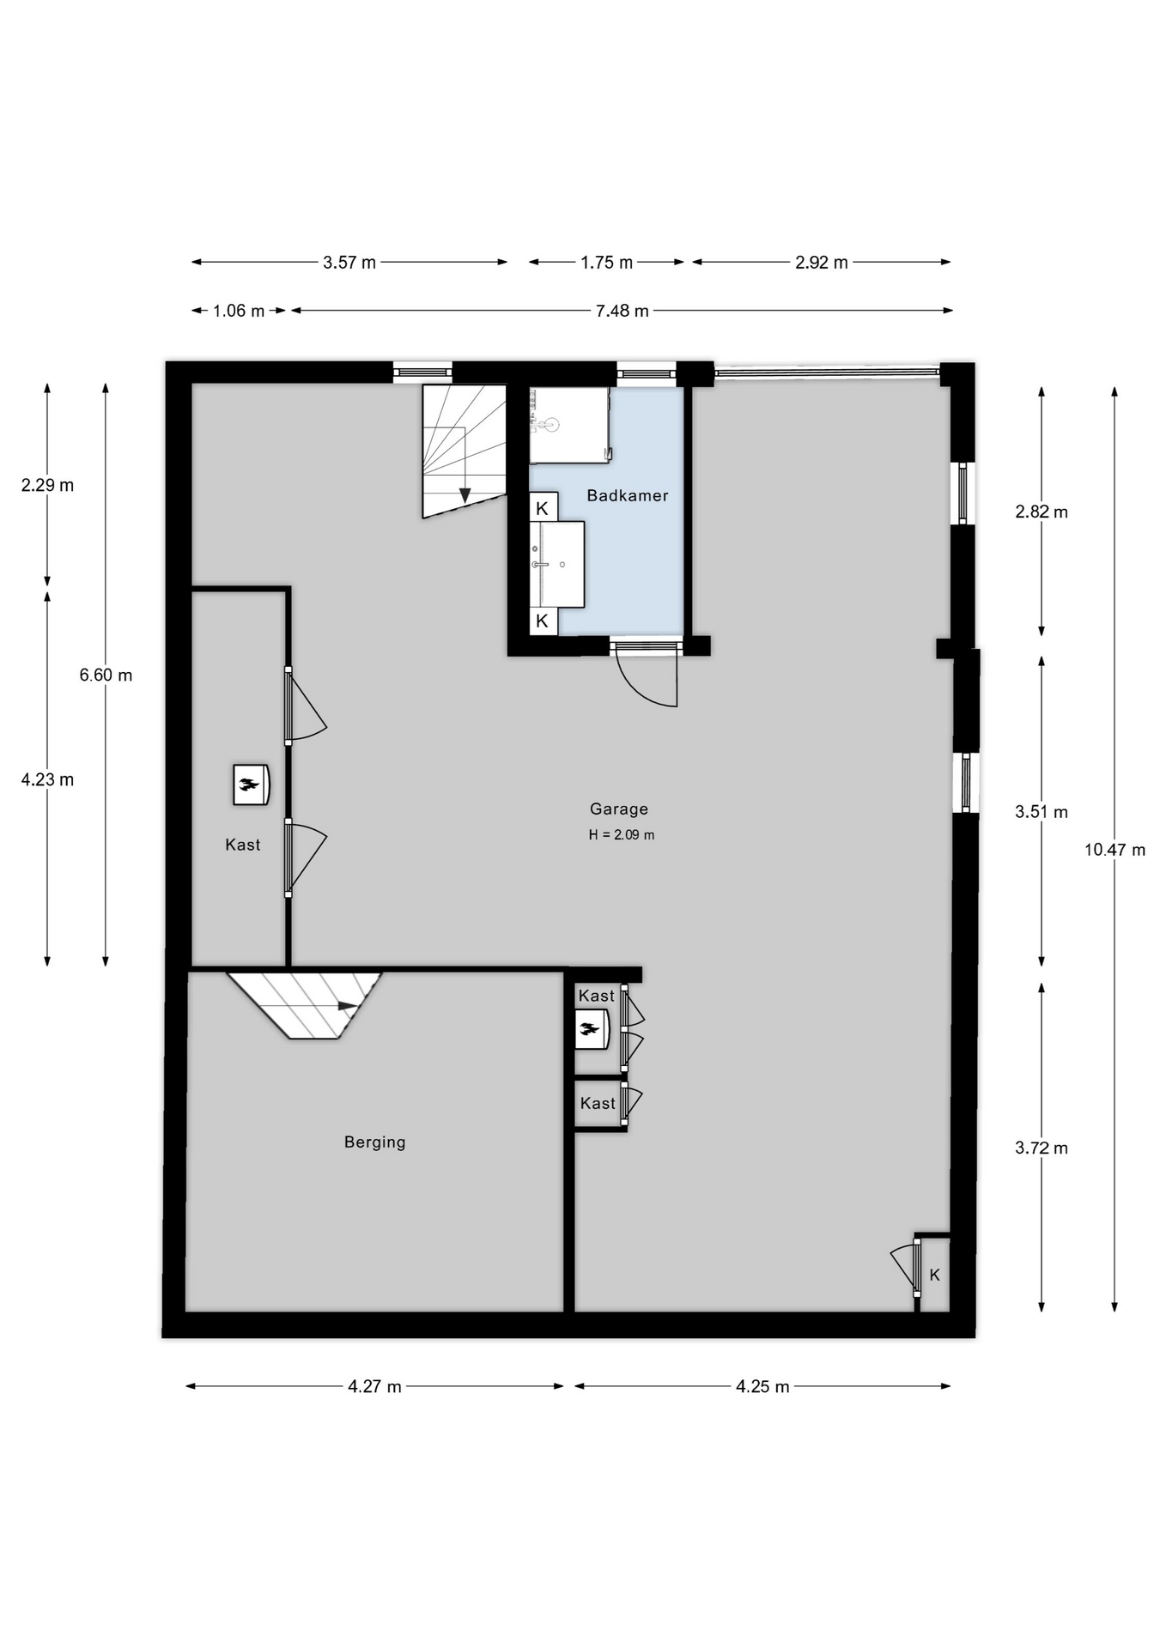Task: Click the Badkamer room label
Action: [627, 495]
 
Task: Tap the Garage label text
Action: [618, 809]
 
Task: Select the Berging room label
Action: [374, 1142]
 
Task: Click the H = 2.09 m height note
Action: [621, 834]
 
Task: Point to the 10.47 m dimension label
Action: [1114, 850]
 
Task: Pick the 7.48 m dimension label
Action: [622, 311]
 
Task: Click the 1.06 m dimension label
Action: [239, 311]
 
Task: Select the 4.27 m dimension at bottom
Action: [374, 1386]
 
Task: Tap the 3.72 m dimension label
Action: [1042, 1148]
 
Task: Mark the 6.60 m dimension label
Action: [106, 675]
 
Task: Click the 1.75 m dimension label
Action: [606, 263]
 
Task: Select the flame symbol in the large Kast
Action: [249, 784]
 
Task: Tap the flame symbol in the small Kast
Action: [589, 1029]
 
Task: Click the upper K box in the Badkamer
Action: [543, 507]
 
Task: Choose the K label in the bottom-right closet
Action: [935, 1275]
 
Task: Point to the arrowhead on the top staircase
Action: [465, 495]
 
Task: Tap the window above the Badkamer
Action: [646, 373]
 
